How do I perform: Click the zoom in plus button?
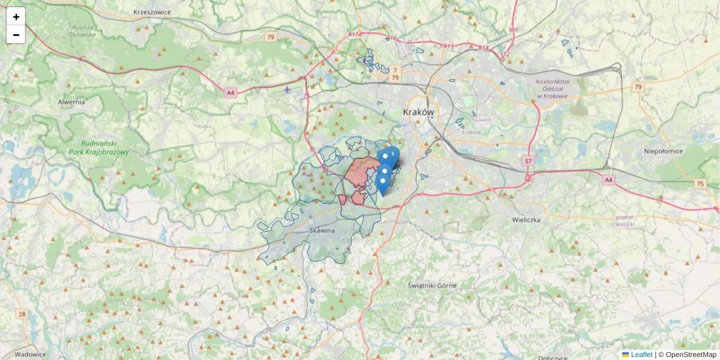pos(16,17)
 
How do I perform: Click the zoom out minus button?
pos(16,35)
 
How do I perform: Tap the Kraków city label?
pos(418,112)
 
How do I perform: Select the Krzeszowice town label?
pos(153,11)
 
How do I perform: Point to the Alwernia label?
pos(71,102)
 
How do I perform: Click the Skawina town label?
pos(322,230)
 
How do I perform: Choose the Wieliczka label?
pos(527,220)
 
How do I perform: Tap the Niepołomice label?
pos(663,151)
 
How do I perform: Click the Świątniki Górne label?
pos(432,285)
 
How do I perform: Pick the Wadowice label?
pos(31,354)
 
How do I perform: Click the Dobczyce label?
pos(553,357)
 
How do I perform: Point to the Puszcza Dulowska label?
pos(83,31)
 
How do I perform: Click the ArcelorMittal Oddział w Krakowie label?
pos(553,89)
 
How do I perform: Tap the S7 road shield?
pos(528,161)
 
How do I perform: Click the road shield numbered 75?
pos(700,184)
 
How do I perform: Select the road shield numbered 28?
pos(22,314)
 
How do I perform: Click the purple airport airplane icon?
pos(287,90)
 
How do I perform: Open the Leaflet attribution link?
pos(641,355)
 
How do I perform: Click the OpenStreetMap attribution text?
pos(691,355)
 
